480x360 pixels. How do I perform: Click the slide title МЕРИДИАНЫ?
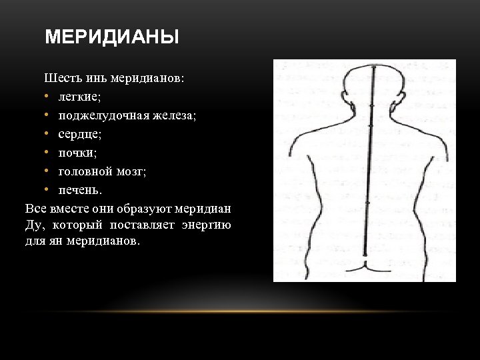coord(112,37)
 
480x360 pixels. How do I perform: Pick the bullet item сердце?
coord(79,134)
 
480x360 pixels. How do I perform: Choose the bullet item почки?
coord(77,153)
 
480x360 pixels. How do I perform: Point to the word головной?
coord(84,171)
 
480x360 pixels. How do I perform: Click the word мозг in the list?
coord(131,171)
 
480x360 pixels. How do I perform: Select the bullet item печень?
coord(80,190)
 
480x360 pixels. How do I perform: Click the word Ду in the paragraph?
coord(33,225)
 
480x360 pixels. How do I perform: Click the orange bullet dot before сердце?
coord(48,134)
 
